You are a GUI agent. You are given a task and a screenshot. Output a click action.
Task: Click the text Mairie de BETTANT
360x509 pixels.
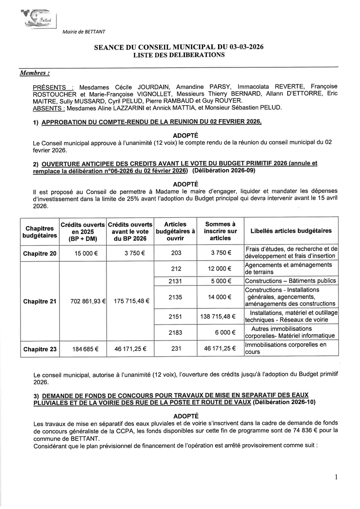(x=84, y=32)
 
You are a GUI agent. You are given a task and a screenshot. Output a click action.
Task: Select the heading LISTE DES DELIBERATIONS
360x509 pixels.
(x=179, y=55)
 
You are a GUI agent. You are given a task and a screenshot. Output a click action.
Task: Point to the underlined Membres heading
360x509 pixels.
(x=35, y=73)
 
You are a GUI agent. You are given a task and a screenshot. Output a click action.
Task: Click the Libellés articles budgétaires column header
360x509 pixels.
(x=291, y=231)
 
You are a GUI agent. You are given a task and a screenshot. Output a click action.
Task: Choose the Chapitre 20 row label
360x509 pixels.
(x=40, y=253)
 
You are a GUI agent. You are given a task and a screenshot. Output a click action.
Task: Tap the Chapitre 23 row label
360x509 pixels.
(x=40, y=349)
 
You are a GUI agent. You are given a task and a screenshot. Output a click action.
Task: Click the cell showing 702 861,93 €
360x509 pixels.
(x=83, y=301)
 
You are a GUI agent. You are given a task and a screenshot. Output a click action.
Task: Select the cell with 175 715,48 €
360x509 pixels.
(x=130, y=301)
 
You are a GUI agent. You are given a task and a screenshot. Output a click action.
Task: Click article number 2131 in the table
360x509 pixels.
(x=176, y=281)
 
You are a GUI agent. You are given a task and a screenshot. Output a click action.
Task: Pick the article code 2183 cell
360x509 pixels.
(x=176, y=333)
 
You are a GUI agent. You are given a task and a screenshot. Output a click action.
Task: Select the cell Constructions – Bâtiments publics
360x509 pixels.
(x=290, y=281)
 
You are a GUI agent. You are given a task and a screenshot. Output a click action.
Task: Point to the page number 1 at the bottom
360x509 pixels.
(x=336, y=477)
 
